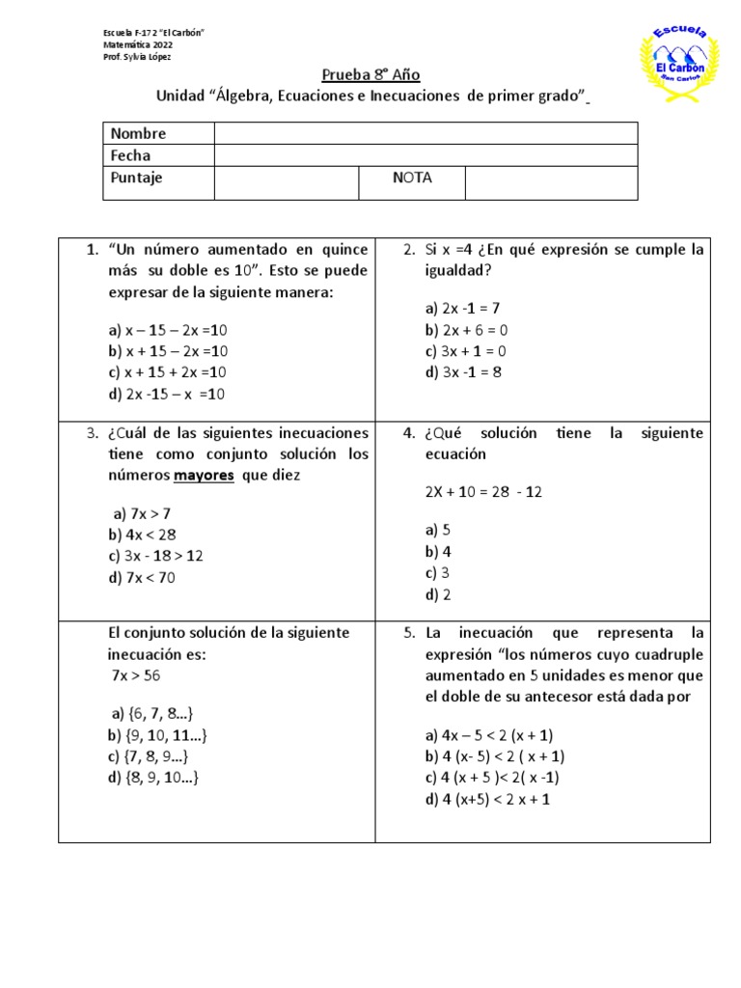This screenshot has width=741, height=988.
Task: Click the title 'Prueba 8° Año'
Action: pyautogui.click(x=370, y=75)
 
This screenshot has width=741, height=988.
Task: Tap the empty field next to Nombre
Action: pyautogui.click(x=425, y=133)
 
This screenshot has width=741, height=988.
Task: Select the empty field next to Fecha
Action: pyautogui.click(x=425, y=155)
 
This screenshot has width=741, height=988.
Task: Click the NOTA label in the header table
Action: pyautogui.click(x=412, y=178)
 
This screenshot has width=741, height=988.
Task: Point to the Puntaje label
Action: pyautogui.click(x=137, y=178)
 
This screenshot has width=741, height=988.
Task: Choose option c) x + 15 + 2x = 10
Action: pyautogui.click(x=168, y=372)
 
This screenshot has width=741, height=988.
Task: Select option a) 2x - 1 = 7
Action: pyautogui.click(x=462, y=309)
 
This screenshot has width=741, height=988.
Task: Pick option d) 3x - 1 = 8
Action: pyautogui.click(x=463, y=372)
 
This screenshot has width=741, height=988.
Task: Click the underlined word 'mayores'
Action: pyautogui.click(x=204, y=476)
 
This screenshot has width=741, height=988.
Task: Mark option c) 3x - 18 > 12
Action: pyautogui.click(x=156, y=557)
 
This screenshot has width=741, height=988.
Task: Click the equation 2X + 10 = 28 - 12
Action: pyautogui.click(x=483, y=492)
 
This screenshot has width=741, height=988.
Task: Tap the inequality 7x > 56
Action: pyautogui.click(x=136, y=675)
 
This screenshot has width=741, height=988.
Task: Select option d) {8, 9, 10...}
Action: pyautogui.click(x=154, y=778)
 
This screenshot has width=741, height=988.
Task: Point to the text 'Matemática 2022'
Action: pyautogui.click(x=140, y=45)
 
